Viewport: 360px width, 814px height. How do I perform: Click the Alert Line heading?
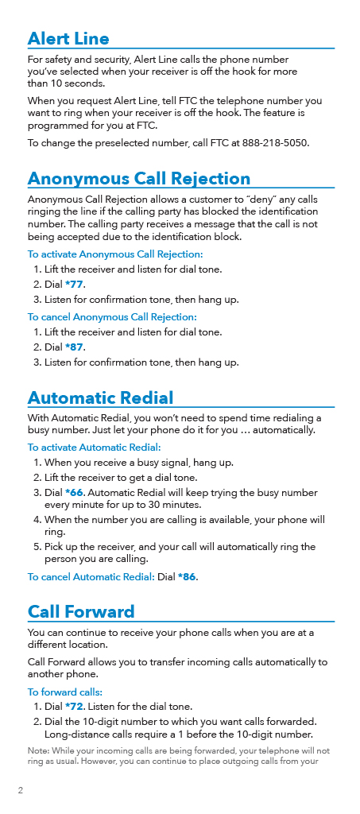68,38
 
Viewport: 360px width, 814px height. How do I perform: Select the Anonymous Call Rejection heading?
139,178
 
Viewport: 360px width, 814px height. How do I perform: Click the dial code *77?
74,285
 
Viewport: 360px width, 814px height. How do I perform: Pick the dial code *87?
74,347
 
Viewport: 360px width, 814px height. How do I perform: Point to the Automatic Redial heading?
100,397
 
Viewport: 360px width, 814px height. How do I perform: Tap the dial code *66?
74,493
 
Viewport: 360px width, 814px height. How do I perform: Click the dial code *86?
187,577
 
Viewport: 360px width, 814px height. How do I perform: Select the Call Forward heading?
81,611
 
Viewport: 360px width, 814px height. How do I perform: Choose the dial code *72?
74,707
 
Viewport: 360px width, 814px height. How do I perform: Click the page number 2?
20,791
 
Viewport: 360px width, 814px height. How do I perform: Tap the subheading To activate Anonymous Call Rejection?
115,254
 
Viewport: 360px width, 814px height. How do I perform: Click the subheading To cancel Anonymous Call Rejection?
112,316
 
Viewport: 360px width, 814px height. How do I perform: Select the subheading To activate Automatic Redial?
95,447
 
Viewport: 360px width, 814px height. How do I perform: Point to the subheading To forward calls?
65,692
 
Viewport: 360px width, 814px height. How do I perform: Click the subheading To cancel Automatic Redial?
91,577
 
